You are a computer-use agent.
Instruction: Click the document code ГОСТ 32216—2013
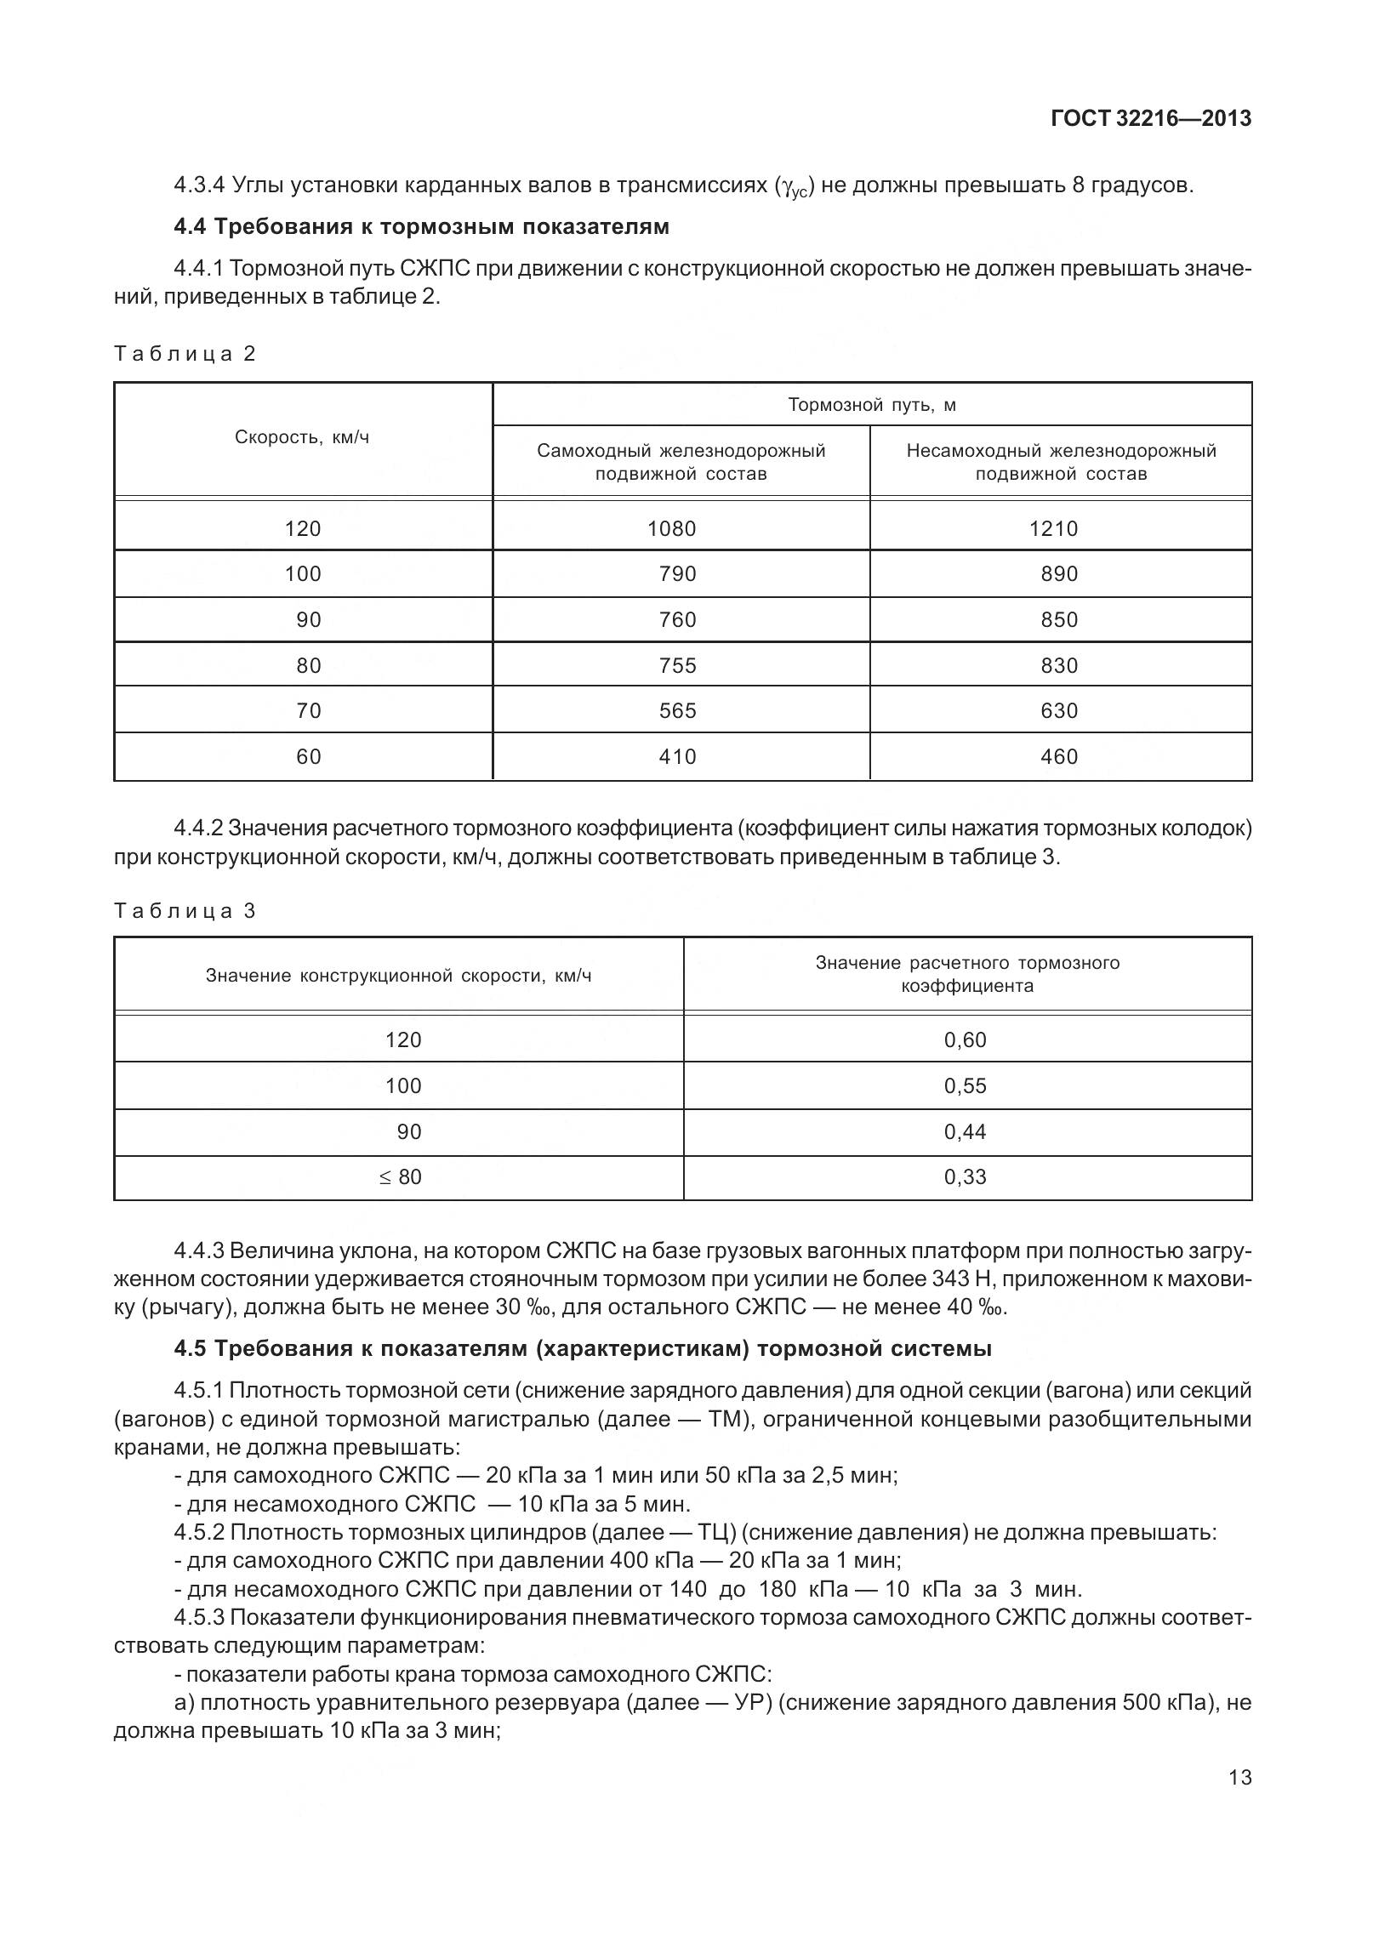pos(1151,118)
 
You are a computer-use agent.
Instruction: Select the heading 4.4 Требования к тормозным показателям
pos(421,226)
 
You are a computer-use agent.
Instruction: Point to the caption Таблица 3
pos(185,911)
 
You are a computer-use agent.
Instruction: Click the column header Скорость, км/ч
pos(302,438)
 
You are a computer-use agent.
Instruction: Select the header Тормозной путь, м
pos(872,405)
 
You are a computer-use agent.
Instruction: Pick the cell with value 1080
pos(671,529)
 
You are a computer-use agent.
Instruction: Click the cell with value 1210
pos(1053,529)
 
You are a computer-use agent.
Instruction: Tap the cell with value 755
pos(677,665)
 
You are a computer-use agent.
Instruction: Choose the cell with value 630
pos(1059,711)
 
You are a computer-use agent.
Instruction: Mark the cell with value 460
pos(1059,757)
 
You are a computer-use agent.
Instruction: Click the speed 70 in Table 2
pos(309,711)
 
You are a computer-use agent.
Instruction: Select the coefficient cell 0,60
pos(966,1040)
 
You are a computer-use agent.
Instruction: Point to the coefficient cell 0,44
pos(966,1132)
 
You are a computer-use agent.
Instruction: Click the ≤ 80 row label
pos(400,1177)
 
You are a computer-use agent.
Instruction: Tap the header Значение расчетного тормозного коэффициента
pos(967,975)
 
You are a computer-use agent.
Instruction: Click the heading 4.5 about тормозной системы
pos(583,1348)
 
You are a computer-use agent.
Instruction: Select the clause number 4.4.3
pos(198,1251)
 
